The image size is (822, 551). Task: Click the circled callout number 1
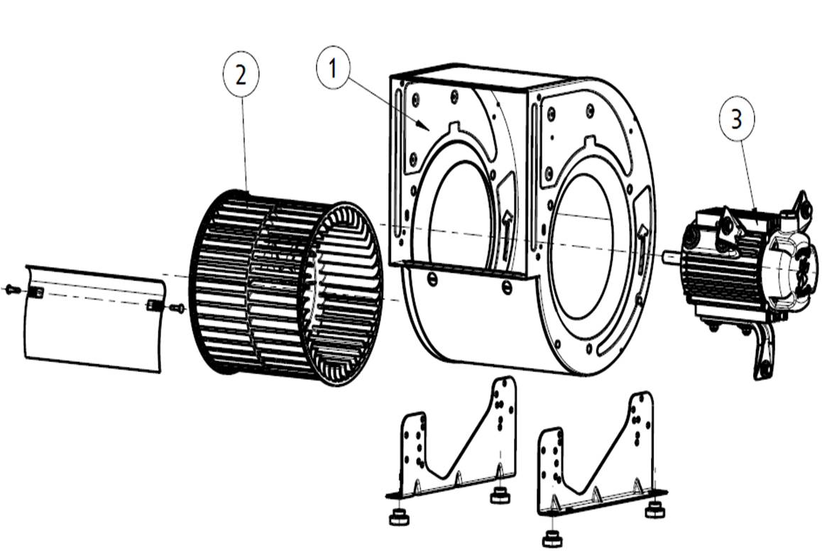point(333,68)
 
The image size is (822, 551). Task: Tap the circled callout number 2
point(241,75)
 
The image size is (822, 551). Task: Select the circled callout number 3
point(737,119)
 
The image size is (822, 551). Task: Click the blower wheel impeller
point(285,288)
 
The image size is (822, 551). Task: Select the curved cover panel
point(94,319)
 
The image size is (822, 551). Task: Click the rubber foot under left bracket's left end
point(398,518)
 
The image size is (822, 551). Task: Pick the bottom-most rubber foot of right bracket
point(551,539)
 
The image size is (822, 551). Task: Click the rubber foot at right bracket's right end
point(654,510)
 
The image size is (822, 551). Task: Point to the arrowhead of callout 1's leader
point(428,129)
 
